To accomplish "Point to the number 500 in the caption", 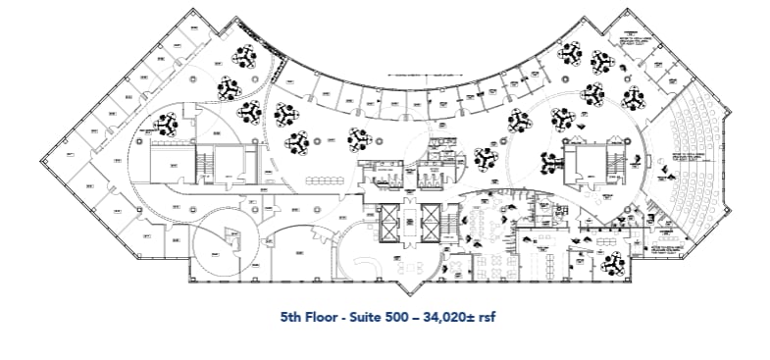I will [403, 318].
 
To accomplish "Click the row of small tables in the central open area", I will [324, 180].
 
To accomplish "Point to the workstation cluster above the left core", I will [165, 125].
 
